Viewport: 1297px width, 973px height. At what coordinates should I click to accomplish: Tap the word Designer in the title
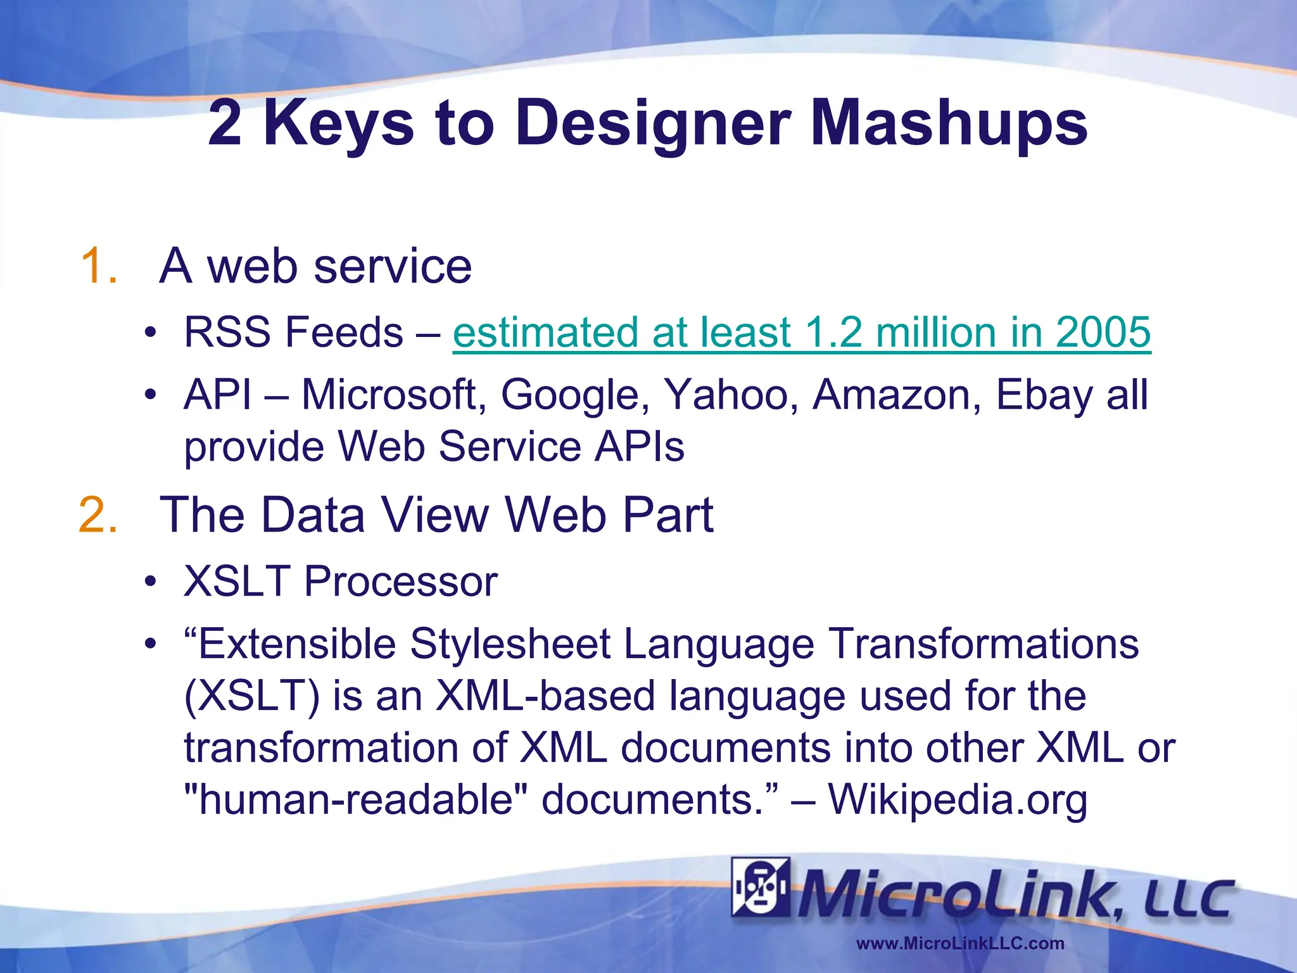(x=653, y=124)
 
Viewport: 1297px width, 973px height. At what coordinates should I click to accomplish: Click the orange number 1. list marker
(x=99, y=265)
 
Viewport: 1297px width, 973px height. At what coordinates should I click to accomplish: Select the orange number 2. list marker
(x=98, y=514)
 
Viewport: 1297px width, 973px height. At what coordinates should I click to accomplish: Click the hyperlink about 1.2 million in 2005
(x=801, y=333)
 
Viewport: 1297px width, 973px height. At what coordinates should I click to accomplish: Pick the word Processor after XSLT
(x=400, y=581)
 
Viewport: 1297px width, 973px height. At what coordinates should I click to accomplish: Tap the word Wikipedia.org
(x=958, y=799)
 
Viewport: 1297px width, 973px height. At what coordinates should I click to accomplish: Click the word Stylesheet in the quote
(x=510, y=644)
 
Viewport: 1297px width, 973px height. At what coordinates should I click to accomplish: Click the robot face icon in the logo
(x=761, y=887)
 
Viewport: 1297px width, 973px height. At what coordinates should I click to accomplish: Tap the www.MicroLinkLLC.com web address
(x=959, y=943)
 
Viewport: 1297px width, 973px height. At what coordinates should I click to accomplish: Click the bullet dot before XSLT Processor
(x=149, y=581)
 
